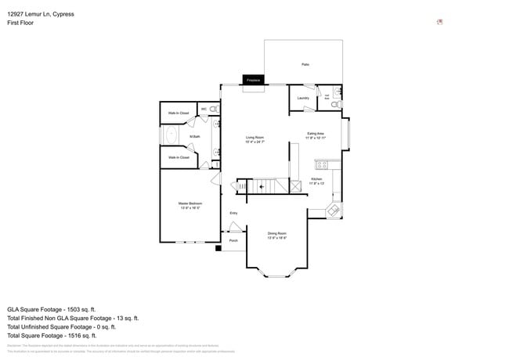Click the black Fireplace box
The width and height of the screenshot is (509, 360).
(253, 80)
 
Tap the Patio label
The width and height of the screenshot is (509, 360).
(305, 63)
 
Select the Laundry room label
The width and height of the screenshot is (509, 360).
(301, 98)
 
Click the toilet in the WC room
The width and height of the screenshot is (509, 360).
(213, 110)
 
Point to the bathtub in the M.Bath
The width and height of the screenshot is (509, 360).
(171, 135)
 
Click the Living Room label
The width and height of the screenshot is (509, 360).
(254, 139)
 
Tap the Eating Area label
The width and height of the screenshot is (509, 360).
(315, 135)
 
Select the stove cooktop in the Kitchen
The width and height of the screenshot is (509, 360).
(320, 164)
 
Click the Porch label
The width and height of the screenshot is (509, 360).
(233, 240)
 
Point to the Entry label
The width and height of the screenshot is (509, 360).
(233, 213)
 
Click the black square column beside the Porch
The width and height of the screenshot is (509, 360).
(218, 249)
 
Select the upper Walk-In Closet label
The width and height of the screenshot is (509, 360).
(179, 113)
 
